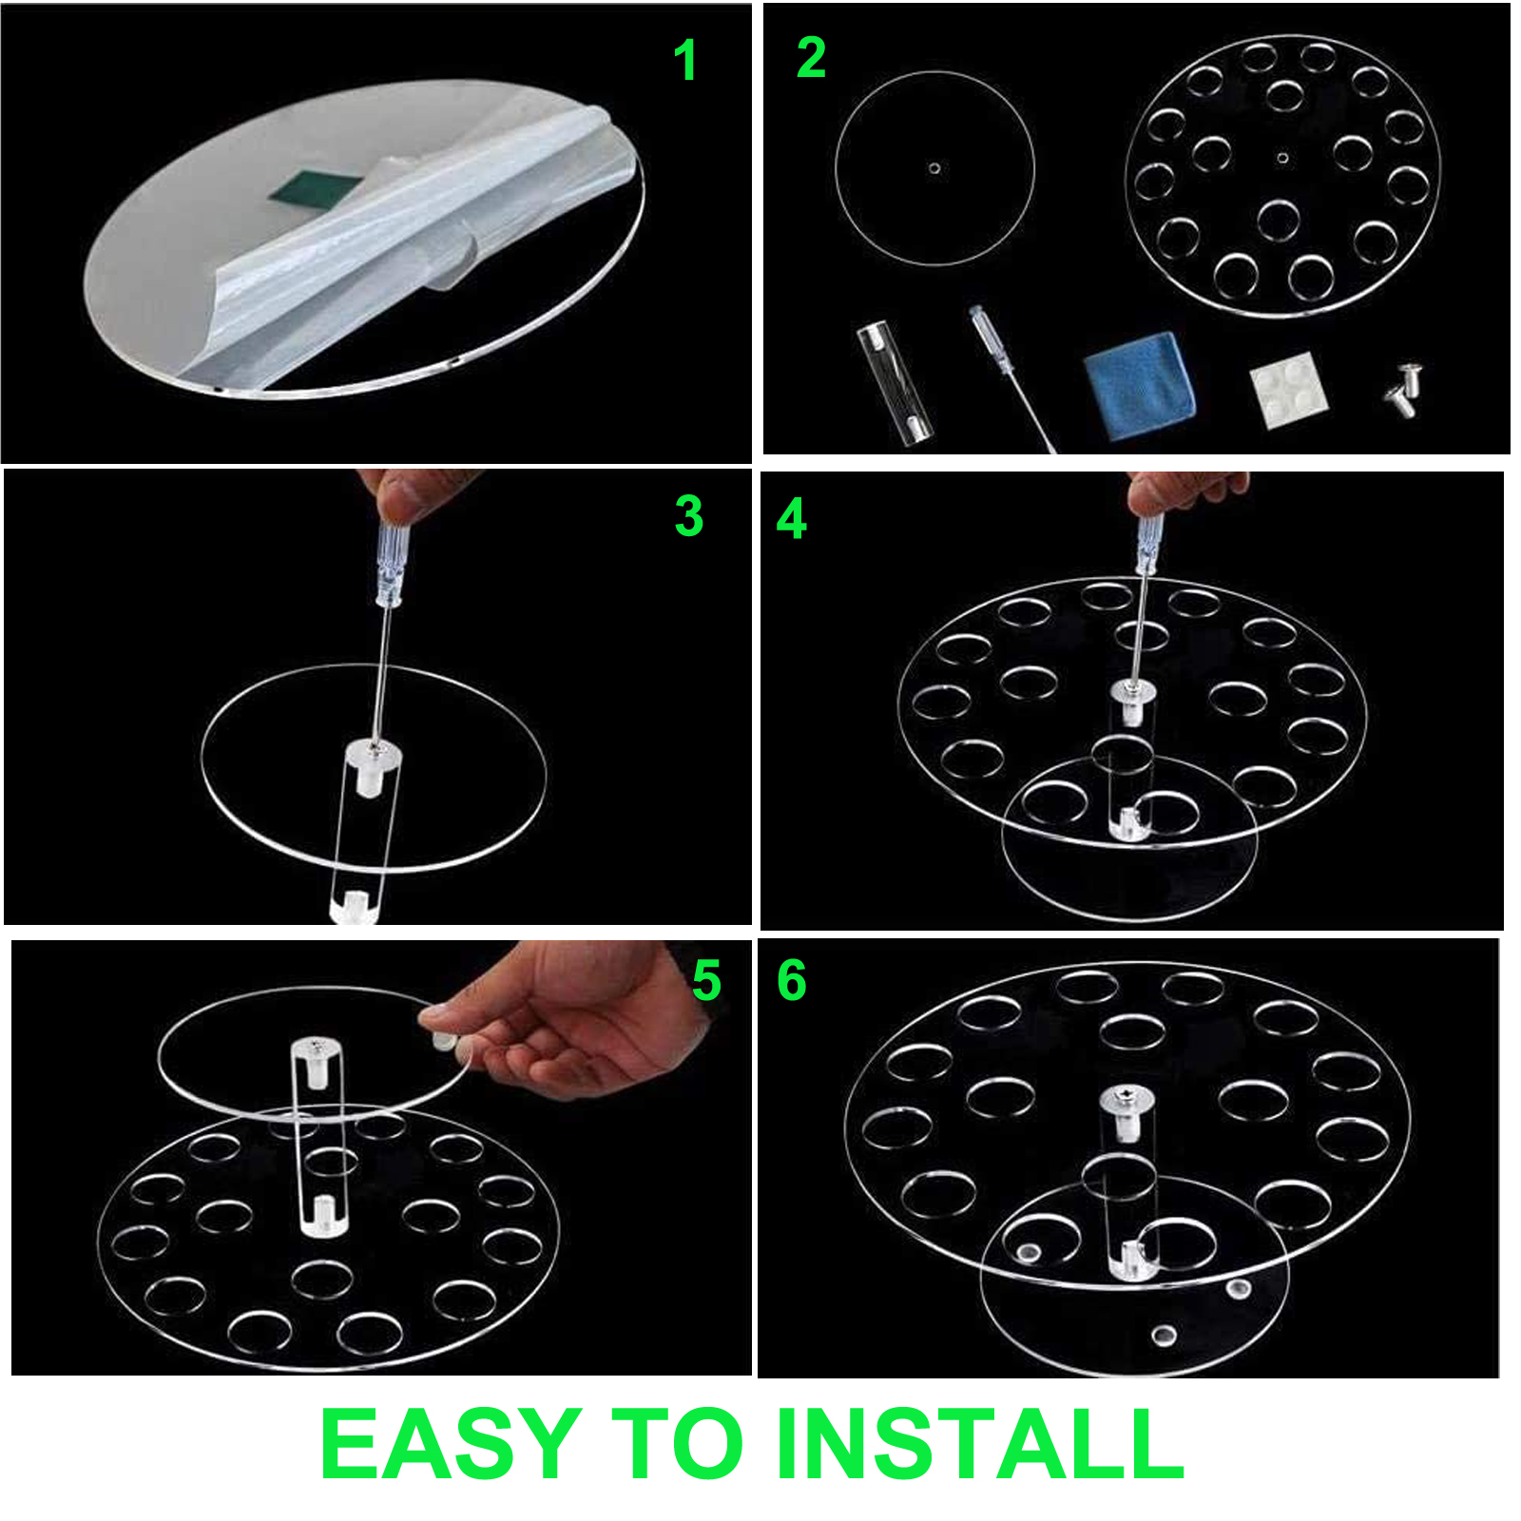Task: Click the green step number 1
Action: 684,60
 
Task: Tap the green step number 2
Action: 811,57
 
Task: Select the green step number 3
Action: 689,516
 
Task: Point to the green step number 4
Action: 792,519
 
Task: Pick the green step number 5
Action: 706,980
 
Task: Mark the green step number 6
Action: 792,980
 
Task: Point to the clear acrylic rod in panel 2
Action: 895,382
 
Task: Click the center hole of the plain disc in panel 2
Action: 934,168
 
